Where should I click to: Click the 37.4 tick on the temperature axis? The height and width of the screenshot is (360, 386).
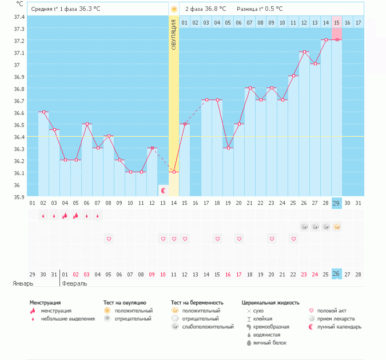[19, 17]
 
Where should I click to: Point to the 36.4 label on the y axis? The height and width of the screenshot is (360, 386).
[19, 137]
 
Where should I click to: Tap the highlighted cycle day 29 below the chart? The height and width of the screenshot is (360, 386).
[337, 203]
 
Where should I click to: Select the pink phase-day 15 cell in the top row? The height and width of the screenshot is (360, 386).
[337, 22]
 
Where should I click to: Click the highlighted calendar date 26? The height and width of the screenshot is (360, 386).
[337, 274]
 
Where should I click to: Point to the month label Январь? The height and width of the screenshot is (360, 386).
[23, 283]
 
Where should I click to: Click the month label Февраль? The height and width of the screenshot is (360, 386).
[74, 283]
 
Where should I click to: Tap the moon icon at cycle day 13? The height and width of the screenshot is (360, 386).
[163, 190]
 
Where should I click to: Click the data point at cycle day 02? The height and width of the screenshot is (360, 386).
[43, 112]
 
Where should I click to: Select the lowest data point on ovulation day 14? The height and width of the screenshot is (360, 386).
[174, 172]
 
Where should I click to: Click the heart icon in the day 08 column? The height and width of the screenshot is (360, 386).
[109, 238]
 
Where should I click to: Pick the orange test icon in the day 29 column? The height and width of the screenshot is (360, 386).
[337, 227]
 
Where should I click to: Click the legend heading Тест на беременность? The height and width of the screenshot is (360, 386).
[197, 302]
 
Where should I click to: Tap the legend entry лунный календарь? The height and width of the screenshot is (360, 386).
[343, 327]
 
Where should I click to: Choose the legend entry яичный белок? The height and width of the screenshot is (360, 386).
[270, 343]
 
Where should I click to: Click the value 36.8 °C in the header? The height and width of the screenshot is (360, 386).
[216, 9]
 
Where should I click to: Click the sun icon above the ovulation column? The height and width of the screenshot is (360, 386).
[174, 9]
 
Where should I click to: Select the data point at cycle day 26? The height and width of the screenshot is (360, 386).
[304, 52]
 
